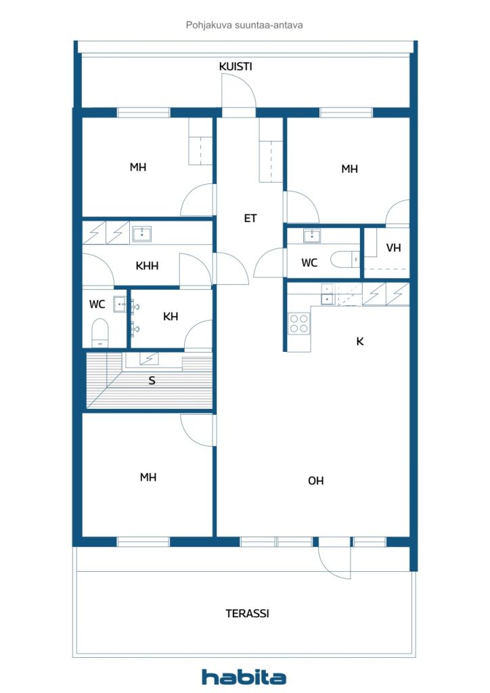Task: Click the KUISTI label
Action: (x=236, y=66)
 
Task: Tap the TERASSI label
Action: (x=247, y=614)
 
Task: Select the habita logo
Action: (x=244, y=677)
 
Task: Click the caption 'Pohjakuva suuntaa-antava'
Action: (x=244, y=25)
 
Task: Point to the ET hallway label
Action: (x=250, y=218)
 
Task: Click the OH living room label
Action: (x=315, y=480)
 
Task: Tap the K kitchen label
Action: (x=360, y=341)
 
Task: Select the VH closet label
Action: (x=393, y=248)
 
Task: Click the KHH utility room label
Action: (x=147, y=266)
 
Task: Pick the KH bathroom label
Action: (x=171, y=316)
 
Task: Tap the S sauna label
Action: (x=152, y=380)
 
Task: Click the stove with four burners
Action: (x=300, y=323)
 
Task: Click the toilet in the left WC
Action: (x=100, y=332)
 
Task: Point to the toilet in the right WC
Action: (x=346, y=259)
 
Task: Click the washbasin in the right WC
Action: (x=311, y=236)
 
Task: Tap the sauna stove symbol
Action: (x=149, y=358)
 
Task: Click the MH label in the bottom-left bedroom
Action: (x=148, y=477)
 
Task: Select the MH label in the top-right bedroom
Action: (x=349, y=169)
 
